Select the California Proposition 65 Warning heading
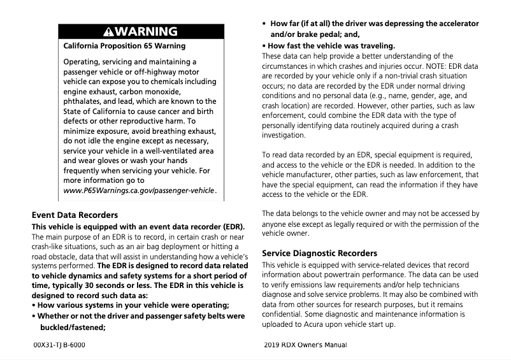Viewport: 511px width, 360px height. [125, 46]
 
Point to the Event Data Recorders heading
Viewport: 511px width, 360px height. [75, 215]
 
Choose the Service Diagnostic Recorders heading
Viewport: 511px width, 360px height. [319, 253]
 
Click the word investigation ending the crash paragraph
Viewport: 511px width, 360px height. [284, 136]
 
